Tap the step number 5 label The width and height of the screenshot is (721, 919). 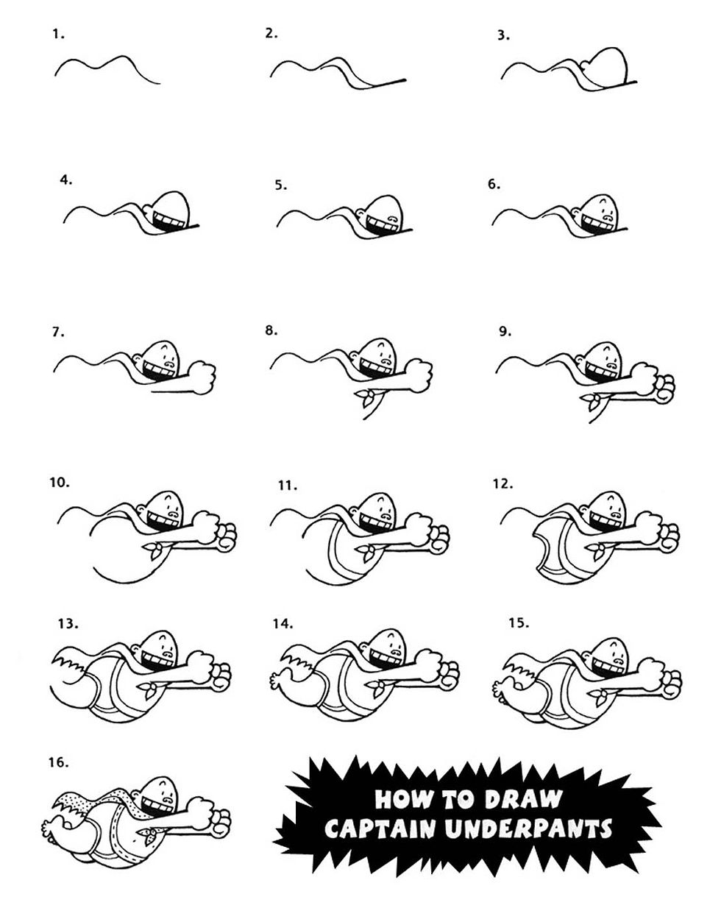pyautogui.click(x=281, y=185)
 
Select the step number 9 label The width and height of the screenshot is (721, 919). pyautogui.click(x=505, y=332)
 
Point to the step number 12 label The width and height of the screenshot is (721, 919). pyautogui.click(x=502, y=484)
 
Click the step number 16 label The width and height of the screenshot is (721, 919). pyautogui.click(x=58, y=763)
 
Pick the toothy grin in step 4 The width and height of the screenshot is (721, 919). pyautogui.click(x=167, y=219)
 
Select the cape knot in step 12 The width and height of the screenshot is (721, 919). pyautogui.click(x=600, y=547)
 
